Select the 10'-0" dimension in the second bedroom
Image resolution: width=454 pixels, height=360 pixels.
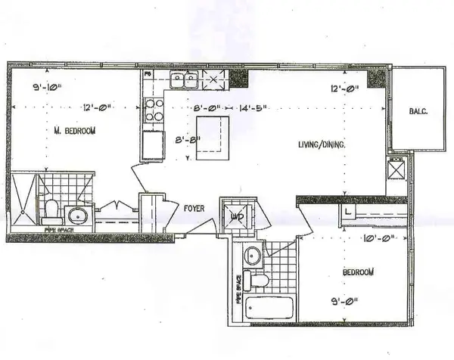pos(379,241)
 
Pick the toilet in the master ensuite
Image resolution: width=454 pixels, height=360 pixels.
pos(51,208)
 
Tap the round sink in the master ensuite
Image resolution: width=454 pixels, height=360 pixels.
pos(79,214)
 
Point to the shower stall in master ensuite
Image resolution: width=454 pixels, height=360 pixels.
pos(24,198)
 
